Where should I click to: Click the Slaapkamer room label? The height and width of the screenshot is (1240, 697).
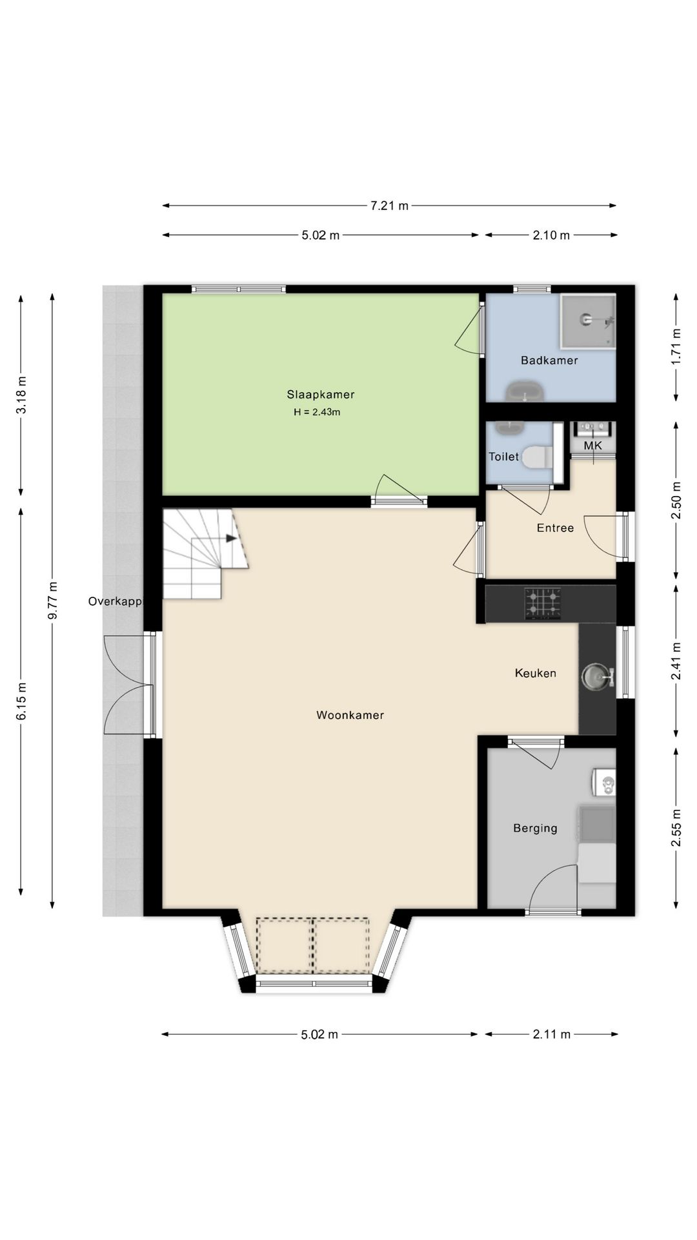coord(321,395)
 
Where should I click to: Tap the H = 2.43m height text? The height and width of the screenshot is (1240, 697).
coord(317,412)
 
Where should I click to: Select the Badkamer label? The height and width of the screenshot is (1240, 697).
coord(549,360)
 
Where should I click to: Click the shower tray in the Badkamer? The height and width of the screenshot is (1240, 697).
coord(588,321)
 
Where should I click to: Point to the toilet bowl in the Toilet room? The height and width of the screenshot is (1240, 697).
coord(535,457)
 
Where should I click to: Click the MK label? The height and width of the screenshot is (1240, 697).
coord(592,446)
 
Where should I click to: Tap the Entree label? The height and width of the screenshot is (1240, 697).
coord(555,528)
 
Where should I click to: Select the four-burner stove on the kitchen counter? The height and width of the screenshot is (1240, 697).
coord(542,604)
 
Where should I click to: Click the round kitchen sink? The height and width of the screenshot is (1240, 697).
coord(595,677)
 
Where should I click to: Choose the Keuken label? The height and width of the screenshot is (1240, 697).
coord(536,673)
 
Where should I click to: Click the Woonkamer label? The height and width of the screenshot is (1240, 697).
coord(350,715)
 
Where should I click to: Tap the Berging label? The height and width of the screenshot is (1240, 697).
coord(535,828)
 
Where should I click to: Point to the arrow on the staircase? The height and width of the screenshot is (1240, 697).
coord(230,537)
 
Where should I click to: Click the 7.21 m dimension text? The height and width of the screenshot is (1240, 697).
coord(389,206)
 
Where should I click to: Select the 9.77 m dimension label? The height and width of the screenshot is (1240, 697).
coord(53,601)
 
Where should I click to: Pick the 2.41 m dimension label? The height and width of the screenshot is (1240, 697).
coord(676,661)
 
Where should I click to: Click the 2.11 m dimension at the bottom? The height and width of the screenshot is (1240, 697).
coord(552,1035)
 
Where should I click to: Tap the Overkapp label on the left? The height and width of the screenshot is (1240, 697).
coord(115,601)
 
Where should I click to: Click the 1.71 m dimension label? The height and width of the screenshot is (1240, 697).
coord(676,347)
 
